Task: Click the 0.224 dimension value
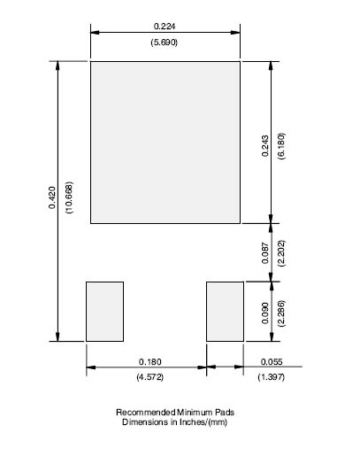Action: [165, 27]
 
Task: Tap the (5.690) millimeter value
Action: [165, 43]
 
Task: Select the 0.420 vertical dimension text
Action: [52, 197]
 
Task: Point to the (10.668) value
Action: [70, 197]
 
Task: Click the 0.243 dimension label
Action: [265, 146]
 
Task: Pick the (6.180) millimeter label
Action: [281, 146]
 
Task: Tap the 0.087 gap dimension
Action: [265, 253]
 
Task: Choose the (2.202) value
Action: [281, 253]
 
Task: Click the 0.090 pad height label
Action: [265, 313]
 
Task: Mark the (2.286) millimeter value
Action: [281, 313]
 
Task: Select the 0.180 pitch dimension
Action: [150, 361]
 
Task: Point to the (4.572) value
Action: [149, 377]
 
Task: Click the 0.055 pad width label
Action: [272, 361]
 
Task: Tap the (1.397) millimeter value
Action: [272, 377]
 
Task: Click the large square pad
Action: [165, 143]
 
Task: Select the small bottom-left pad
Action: [104, 312]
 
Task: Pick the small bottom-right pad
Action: [225, 312]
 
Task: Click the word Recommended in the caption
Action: [146, 413]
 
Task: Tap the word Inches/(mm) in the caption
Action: [203, 422]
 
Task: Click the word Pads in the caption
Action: [225, 413]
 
